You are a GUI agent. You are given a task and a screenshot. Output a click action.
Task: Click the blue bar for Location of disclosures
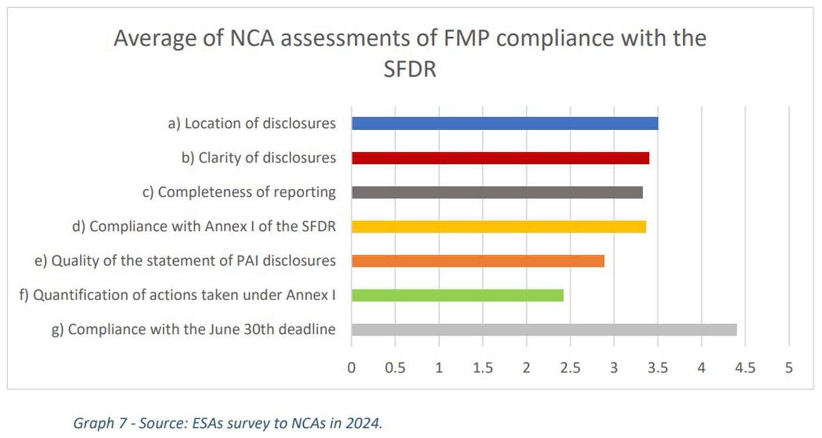point(504,123)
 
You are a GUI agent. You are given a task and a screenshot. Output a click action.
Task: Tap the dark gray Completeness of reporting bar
point(497,192)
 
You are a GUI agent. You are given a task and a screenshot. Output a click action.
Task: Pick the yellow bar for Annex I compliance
point(498,227)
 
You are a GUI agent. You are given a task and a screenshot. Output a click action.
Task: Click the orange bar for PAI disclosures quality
point(478,261)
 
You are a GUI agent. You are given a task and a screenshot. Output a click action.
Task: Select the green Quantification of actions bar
point(457,296)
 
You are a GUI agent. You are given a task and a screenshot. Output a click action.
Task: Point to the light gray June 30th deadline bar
point(544,330)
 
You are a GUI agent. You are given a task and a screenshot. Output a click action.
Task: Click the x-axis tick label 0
point(352,368)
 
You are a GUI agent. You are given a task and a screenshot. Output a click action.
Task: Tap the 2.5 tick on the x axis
point(570,368)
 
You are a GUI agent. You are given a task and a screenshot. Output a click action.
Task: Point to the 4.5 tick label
point(745,368)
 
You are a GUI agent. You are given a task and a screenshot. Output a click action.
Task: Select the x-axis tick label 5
point(789,368)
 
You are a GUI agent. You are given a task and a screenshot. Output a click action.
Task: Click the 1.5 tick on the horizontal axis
point(483,368)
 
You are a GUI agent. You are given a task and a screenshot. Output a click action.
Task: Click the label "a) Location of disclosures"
point(252,124)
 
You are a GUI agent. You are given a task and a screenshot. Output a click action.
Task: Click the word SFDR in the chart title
point(410,69)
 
